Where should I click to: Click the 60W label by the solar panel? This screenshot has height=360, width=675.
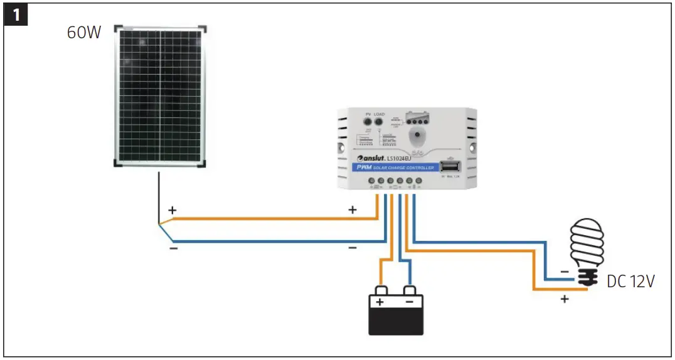pyautogui.click(x=84, y=33)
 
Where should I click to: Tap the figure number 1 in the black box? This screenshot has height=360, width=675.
pyautogui.click(x=16, y=15)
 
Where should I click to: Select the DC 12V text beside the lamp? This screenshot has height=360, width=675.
pyautogui.click(x=630, y=282)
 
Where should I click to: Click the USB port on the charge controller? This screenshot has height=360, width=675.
pyautogui.click(x=449, y=167)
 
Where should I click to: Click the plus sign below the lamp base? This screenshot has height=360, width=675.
pyautogui.click(x=564, y=299)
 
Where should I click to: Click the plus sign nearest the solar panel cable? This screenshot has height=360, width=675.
pyautogui.click(x=173, y=210)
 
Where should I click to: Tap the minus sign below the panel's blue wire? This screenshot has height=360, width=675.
pyautogui.click(x=173, y=249)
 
